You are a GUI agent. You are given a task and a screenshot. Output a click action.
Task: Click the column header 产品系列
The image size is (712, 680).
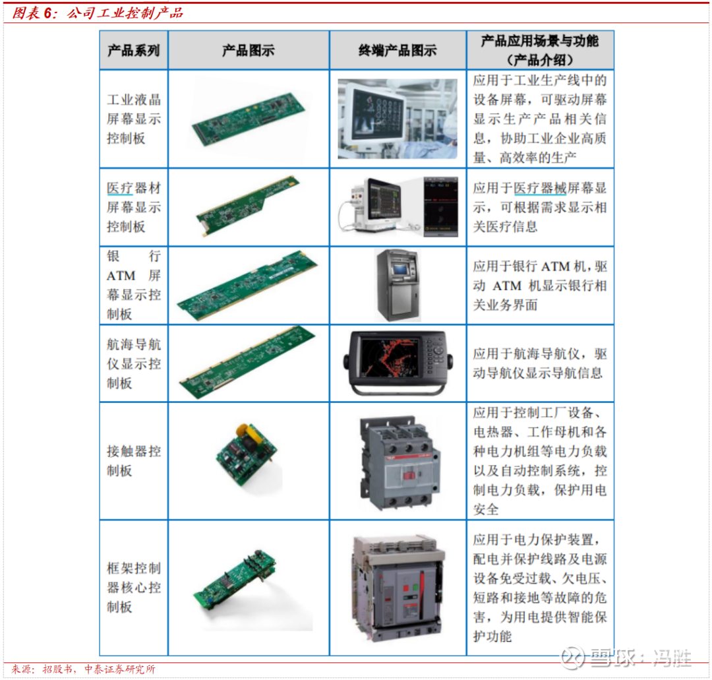tap(133, 50)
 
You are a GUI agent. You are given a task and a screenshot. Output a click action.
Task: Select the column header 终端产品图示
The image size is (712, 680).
tap(398, 50)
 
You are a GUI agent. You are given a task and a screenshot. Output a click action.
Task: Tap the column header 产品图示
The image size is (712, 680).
tap(248, 50)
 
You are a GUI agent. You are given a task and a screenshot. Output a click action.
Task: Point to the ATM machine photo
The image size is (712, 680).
tap(398, 286)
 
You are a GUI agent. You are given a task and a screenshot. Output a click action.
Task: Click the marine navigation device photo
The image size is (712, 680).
tap(398, 363)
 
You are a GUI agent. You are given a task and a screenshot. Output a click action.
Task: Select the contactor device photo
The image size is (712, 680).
tap(400, 462)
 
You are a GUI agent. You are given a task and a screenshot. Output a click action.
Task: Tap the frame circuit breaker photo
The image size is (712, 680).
tap(398, 588)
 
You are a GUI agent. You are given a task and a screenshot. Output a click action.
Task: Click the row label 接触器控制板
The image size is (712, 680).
tap(133, 460)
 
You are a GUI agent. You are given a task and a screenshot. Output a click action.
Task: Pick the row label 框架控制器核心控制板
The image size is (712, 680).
tap(133, 588)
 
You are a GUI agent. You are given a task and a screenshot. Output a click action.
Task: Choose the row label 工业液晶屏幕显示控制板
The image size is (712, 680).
tap(133, 119)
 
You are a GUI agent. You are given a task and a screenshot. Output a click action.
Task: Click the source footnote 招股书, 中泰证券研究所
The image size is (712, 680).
tap(98, 669)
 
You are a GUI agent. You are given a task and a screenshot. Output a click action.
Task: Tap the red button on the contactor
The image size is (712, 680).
tap(409, 476)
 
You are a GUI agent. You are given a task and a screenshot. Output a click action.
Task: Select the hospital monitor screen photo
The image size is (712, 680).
tap(398, 119)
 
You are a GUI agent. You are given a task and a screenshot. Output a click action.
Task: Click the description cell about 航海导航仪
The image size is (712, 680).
tap(540, 363)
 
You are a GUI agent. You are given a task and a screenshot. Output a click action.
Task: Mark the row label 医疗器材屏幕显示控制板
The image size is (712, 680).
tap(133, 207)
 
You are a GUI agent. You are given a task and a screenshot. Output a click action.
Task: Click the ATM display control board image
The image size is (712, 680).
tap(248, 286)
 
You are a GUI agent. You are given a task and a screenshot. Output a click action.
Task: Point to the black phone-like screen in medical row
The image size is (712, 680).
tap(440, 206)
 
